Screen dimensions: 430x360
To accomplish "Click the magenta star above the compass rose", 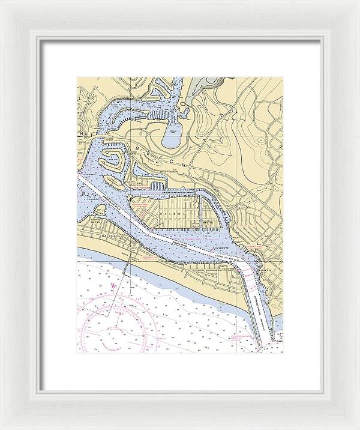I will point(112,285).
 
